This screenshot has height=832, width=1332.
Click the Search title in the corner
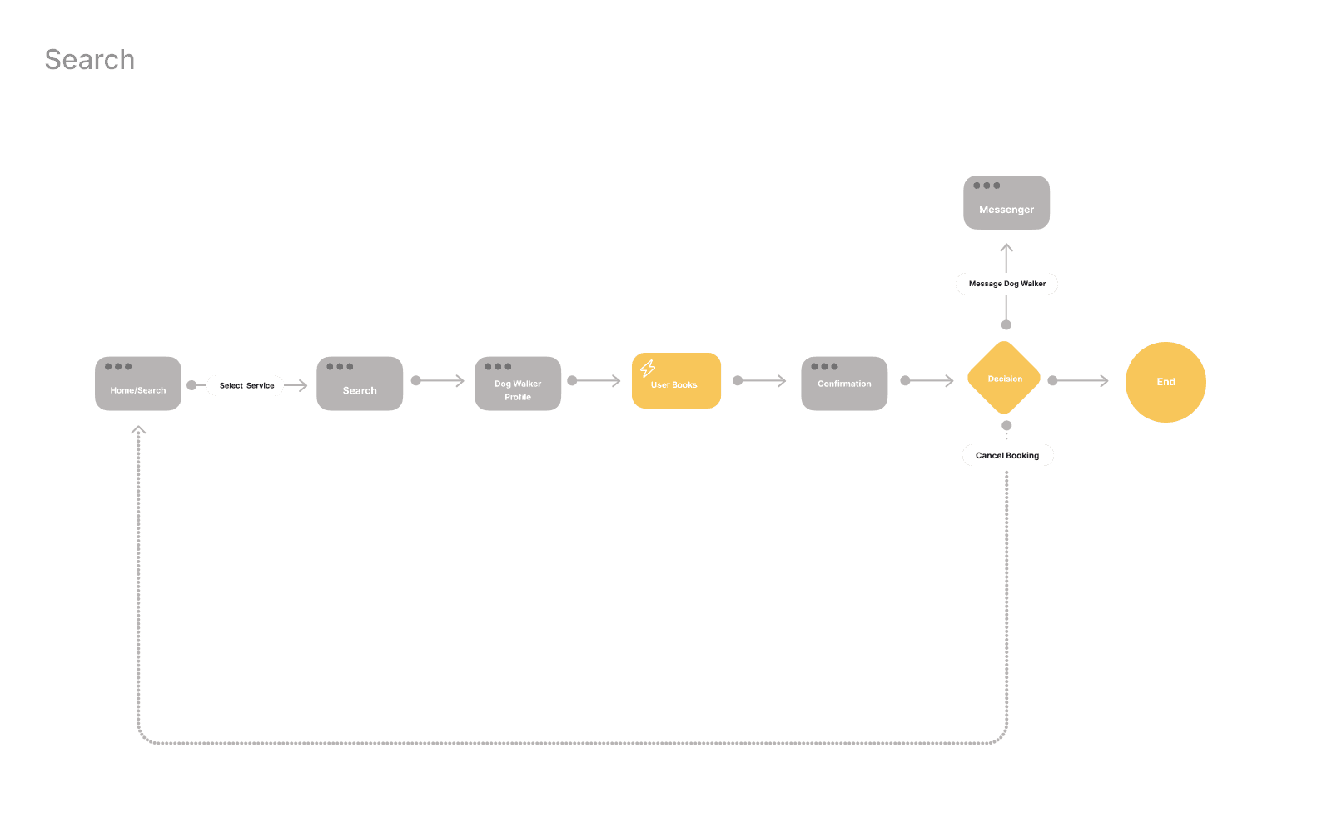[x=89, y=60]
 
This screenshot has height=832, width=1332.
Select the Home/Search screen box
[x=138, y=384]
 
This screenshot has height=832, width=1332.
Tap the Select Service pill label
[x=246, y=385]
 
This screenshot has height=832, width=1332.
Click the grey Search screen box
[x=360, y=384]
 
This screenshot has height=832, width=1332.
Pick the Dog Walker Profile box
[x=518, y=384]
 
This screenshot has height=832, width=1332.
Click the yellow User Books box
[x=676, y=381]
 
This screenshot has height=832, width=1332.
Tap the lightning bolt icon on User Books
[x=648, y=368]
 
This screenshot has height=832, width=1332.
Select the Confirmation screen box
[x=844, y=384]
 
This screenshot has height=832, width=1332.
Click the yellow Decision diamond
[x=1005, y=379]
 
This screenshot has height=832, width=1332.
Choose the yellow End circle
[x=1165, y=382]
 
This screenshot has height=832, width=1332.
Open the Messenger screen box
[x=1006, y=202]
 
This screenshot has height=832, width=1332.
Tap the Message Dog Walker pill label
[x=1006, y=284]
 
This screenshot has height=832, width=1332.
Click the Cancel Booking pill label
[x=1007, y=455]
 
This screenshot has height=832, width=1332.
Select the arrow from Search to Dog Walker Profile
[x=439, y=380]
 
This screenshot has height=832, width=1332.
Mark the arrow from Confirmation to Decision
[x=928, y=380]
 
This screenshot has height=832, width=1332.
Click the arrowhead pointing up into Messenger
[x=1006, y=248]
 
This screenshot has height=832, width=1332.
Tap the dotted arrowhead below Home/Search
[x=138, y=431]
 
